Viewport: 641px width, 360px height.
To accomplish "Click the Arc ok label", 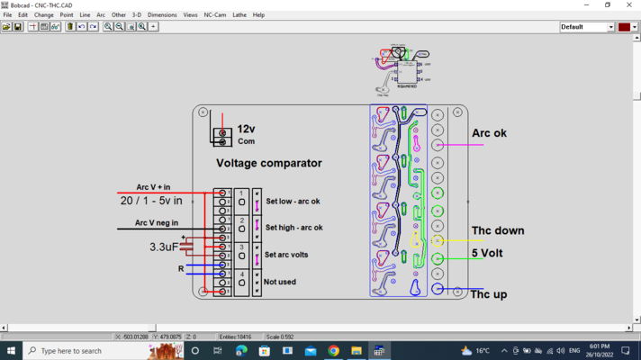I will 489,133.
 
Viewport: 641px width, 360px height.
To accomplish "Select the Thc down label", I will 497,230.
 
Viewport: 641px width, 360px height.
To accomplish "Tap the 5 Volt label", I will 487,253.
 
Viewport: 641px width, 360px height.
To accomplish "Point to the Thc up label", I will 488,294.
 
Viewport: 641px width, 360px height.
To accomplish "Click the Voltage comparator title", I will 268,163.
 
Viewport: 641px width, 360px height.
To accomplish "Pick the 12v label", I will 246,130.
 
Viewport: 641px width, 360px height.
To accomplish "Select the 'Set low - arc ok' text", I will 293,202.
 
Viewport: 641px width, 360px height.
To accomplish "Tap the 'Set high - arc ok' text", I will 293,228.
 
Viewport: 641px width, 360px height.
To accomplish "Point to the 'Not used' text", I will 280,282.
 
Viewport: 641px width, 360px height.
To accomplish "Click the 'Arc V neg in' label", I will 157,222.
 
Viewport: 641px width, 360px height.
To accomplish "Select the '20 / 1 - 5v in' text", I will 151,201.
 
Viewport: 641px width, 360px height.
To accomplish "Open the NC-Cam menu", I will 215,15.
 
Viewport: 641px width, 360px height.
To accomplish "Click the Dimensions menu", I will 162,15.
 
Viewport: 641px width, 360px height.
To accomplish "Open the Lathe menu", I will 239,15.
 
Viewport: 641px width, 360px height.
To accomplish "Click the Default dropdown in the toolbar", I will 586,27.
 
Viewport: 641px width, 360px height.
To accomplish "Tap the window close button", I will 627,4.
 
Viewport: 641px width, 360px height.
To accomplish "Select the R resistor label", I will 181,268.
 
